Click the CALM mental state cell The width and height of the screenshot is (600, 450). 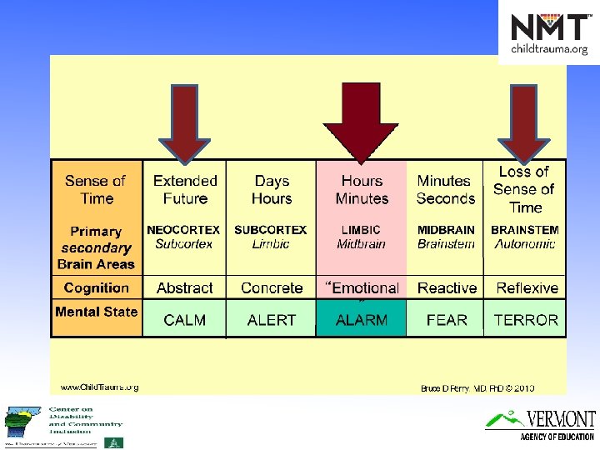pos(185,319)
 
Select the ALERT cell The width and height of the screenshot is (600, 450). pos(271,319)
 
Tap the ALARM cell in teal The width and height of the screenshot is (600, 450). pos(361,319)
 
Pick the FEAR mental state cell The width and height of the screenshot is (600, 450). pos(447,319)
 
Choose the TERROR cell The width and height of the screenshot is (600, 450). pos(526,319)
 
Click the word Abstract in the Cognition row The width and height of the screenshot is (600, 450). pos(185,288)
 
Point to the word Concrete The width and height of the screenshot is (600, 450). pos(272,288)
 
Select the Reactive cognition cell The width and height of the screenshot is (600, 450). pos(447,288)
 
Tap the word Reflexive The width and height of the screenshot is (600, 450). pos(527,288)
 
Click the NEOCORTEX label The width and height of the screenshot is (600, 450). pos(183,230)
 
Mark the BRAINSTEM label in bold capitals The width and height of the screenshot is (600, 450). pos(525,230)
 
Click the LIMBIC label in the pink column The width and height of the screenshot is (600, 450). pos(361,230)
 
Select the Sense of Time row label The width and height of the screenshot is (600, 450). pos(96,190)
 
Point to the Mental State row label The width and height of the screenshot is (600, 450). pos(96,312)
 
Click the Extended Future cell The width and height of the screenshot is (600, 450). pos(185,190)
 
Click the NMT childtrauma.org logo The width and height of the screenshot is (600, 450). pos(548,33)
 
